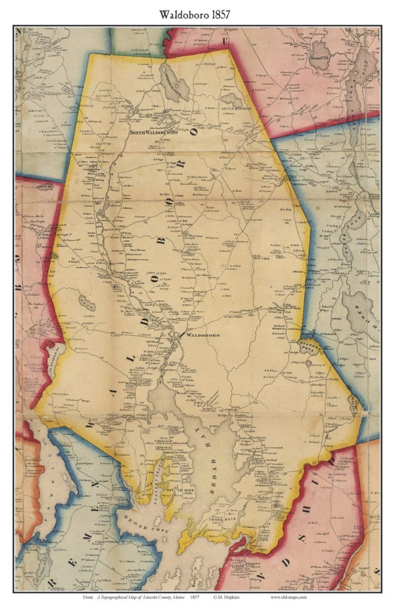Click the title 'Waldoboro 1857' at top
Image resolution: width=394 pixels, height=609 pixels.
[195, 15]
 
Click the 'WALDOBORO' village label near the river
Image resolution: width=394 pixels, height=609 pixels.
[203, 335]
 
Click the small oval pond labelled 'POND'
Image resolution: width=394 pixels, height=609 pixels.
[87, 302]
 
